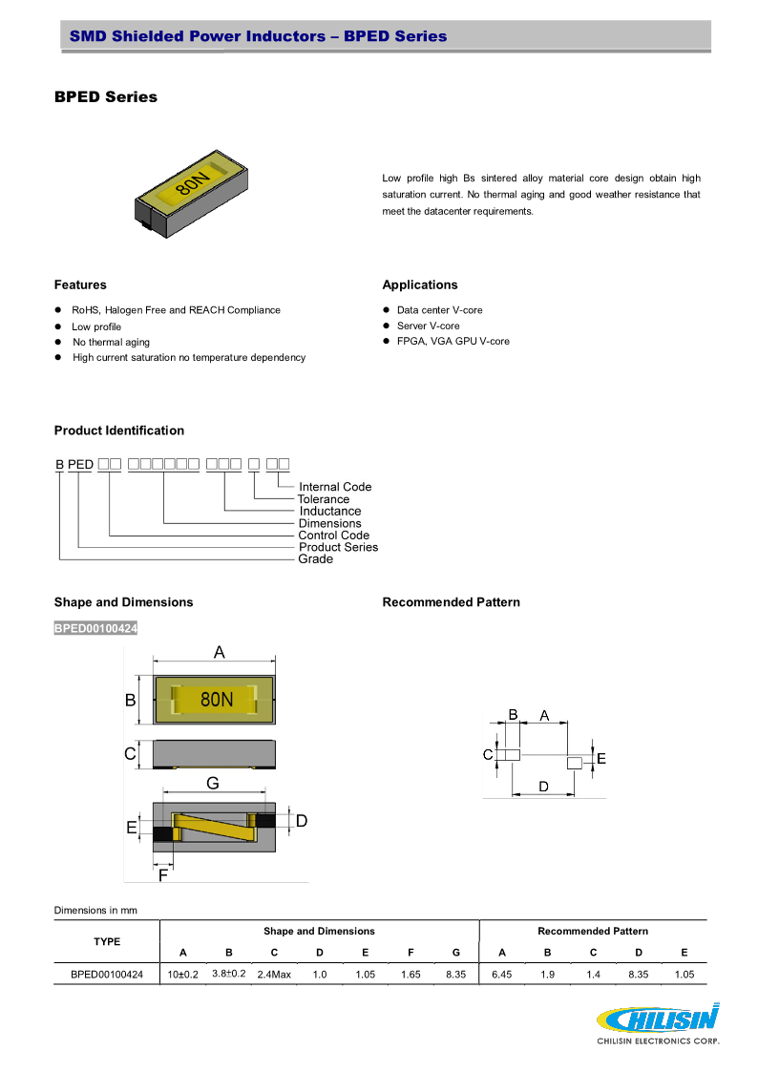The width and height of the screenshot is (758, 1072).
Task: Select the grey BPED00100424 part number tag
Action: (x=95, y=627)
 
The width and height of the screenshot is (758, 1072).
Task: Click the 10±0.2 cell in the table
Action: (x=183, y=975)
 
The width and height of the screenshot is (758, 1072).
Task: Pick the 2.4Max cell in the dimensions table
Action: (x=274, y=975)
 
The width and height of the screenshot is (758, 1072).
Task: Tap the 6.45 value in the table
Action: (x=502, y=975)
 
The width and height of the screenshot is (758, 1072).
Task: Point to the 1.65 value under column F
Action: (x=411, y=975)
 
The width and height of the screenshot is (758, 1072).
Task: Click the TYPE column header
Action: (x=107, y=941)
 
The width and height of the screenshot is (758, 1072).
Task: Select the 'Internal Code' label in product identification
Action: (x=335, y=487)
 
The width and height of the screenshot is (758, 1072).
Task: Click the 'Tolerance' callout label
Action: (x=324, y=499)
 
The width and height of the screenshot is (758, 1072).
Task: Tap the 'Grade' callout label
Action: (x=316, y=559)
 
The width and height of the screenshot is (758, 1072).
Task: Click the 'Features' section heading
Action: (x=80, y=284)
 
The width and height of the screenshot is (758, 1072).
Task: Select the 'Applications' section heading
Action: (x=420, y=284)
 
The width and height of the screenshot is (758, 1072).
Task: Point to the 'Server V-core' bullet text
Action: (x=428, y=326)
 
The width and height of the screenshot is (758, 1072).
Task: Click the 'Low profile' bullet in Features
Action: (x=96, y=326)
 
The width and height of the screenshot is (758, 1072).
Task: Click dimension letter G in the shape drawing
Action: (x=213, y=783)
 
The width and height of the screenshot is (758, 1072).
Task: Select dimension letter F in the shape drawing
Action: (x=163, y=874)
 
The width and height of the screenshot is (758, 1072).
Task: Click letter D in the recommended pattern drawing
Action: (x=543, y=787)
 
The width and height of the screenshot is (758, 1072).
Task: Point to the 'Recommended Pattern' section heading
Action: (x=451, y=602)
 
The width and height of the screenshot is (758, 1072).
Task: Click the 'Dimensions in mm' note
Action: (x=95, y=910)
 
